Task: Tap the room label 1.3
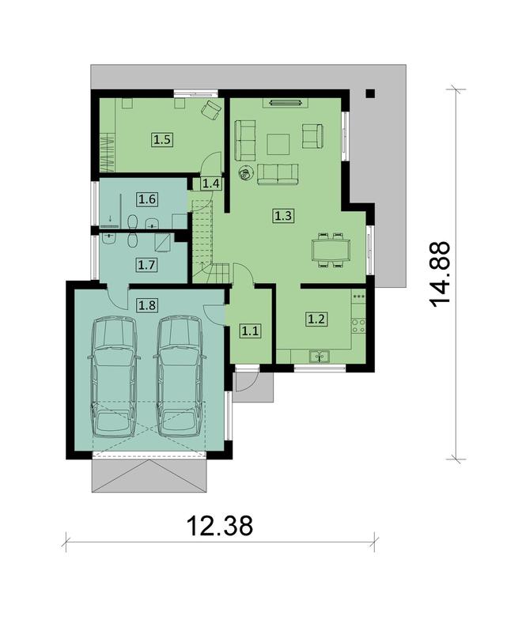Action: click(283, 213)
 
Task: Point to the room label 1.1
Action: click(250, 331)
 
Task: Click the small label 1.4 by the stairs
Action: click(210, 184)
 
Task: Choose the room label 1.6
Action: click(147, 199)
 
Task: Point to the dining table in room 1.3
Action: click(331, 250)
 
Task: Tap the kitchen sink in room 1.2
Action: click(322, 357)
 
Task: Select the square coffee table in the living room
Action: click(278, 143)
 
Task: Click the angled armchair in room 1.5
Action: click(210, 111)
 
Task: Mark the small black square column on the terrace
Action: click(370, 93)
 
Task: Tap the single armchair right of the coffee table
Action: click(313, 136)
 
